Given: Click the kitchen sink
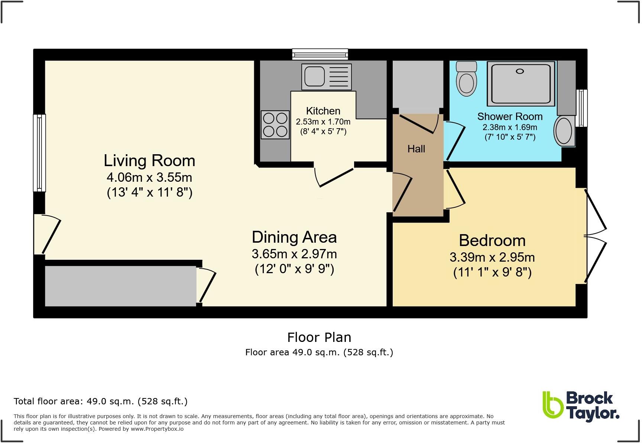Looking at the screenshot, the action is pos(327,77).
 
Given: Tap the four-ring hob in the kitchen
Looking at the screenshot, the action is pos(275,125).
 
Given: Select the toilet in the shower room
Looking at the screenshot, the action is pos(466,78).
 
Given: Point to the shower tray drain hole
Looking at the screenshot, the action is pos(520,71).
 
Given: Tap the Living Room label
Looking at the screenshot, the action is pos(149,161).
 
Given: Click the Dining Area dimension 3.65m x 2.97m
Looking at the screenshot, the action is pos(294,254).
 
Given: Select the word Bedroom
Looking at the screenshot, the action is pos(492,240).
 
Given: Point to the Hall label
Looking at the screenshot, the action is pos(416,149).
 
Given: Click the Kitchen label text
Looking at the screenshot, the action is pos(323,111).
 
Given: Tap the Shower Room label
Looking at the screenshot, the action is pos(510,116).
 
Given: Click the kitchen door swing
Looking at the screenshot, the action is pos(334,178).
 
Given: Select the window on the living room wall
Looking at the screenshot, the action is pos(39,153).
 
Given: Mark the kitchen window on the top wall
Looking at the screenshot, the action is pos(320,54).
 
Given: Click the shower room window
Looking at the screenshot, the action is pos(581,108).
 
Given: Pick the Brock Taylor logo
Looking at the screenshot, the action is pos(581,407).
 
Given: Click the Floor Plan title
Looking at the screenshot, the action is pos(319,337).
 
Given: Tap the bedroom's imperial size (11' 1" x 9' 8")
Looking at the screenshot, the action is pos(492,272).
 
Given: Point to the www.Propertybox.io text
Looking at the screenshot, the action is pos(157,429).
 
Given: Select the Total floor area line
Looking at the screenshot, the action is pos(101,401).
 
